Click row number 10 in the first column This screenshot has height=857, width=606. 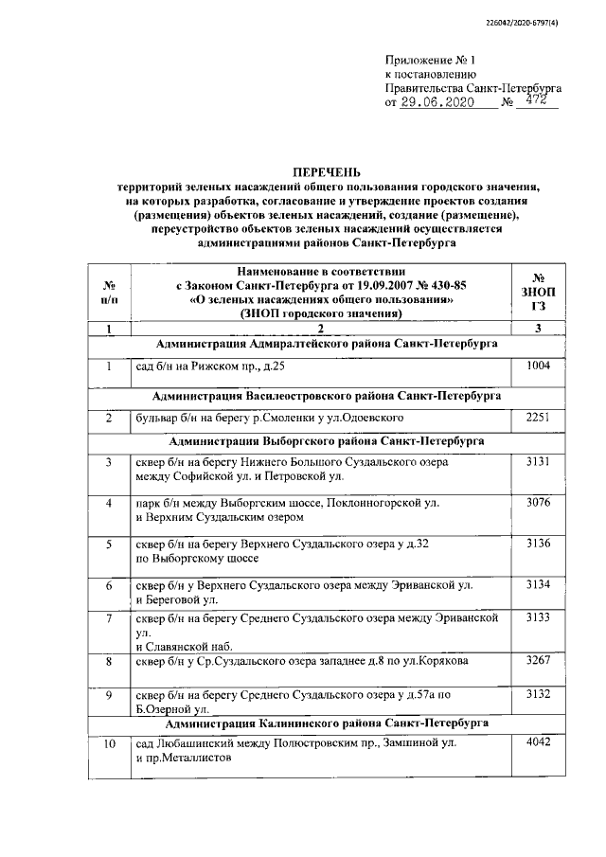coord(109,744)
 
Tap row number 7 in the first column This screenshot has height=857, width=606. coord(109,618)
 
